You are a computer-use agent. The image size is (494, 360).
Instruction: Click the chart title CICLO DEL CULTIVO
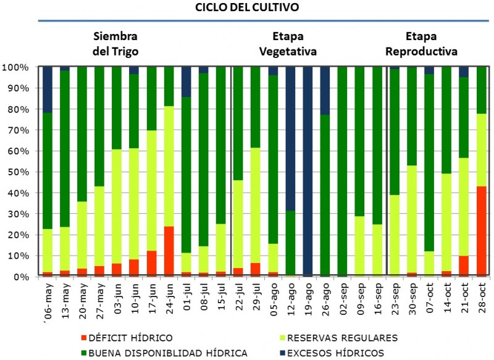tap(247, 8)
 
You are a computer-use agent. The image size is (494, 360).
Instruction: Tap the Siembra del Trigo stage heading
tap(115, 43)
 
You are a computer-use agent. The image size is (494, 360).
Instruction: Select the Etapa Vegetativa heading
tap(288, 43)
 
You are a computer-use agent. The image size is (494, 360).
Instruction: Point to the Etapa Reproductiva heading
tap(423, 43)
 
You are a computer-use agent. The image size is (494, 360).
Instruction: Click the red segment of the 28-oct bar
tap(481, 231)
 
